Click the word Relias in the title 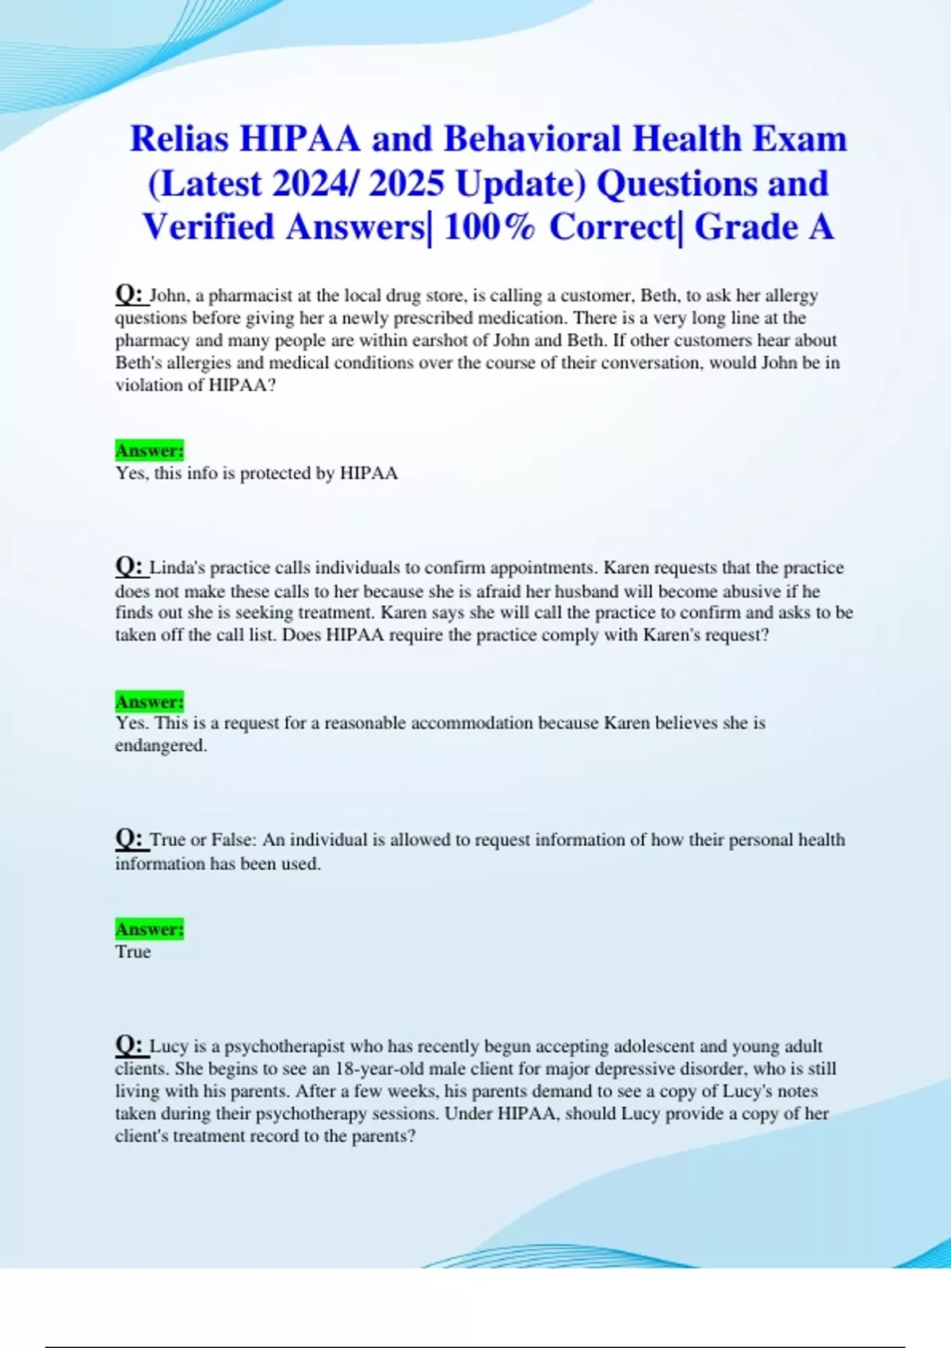pyautogui.click(x=180, y=139)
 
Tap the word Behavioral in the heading pyautogui.click(x=533, y=139)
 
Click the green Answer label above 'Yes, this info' pyautogui.click(x=149, y=450)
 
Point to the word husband pyautogui.click(x=586, y=591)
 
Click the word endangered pyautogui.click(x=161, y=745)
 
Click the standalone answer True pyautogui.click(x=133, y=952)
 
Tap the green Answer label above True pyautogui.click(x=149, y=929)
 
